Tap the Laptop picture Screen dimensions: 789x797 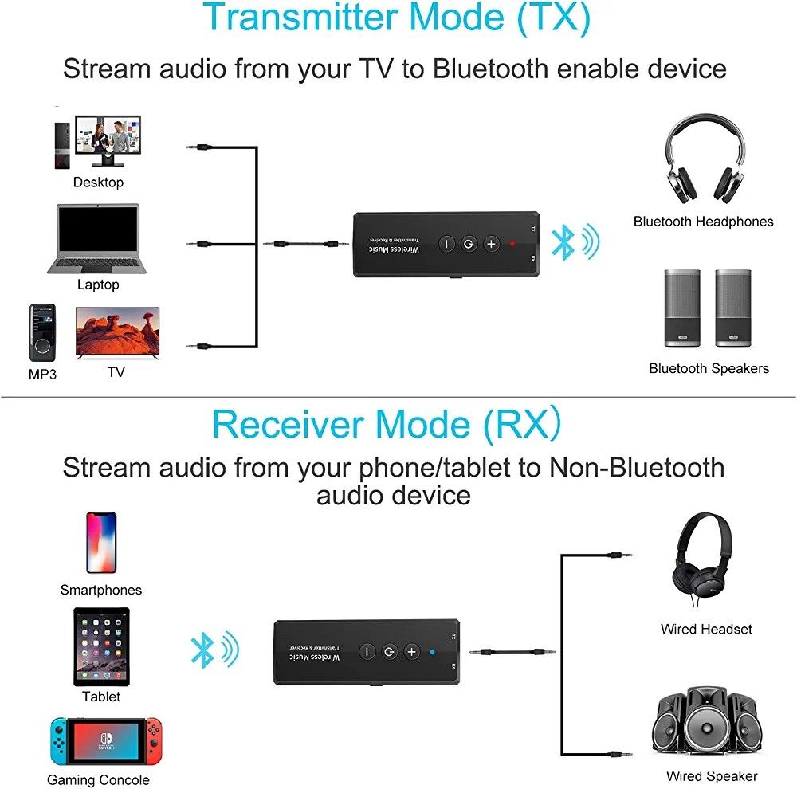pyautogui.click(x=98, y=239)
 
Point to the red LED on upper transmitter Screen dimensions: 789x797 pyautogui.click(x=512, y=244)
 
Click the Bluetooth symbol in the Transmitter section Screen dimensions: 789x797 pyautogui.click(x=564, y=241)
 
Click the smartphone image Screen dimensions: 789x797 pyautogui.click(x=101, y=543)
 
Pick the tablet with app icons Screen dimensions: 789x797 pyautogui.click(x=101, y=646)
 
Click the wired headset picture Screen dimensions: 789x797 pyautogui.click(x=704, y=562)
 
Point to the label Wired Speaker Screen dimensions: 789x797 pyautogui.click(x=712, y=775)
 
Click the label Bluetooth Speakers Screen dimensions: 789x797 pyautogui.click(x=709, y=368)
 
